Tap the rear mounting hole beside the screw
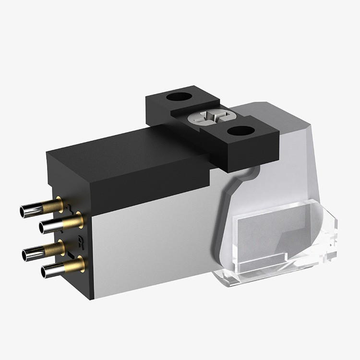click(179, 96)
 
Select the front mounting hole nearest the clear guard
click(241, 130)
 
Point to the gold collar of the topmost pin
click(54, 205)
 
